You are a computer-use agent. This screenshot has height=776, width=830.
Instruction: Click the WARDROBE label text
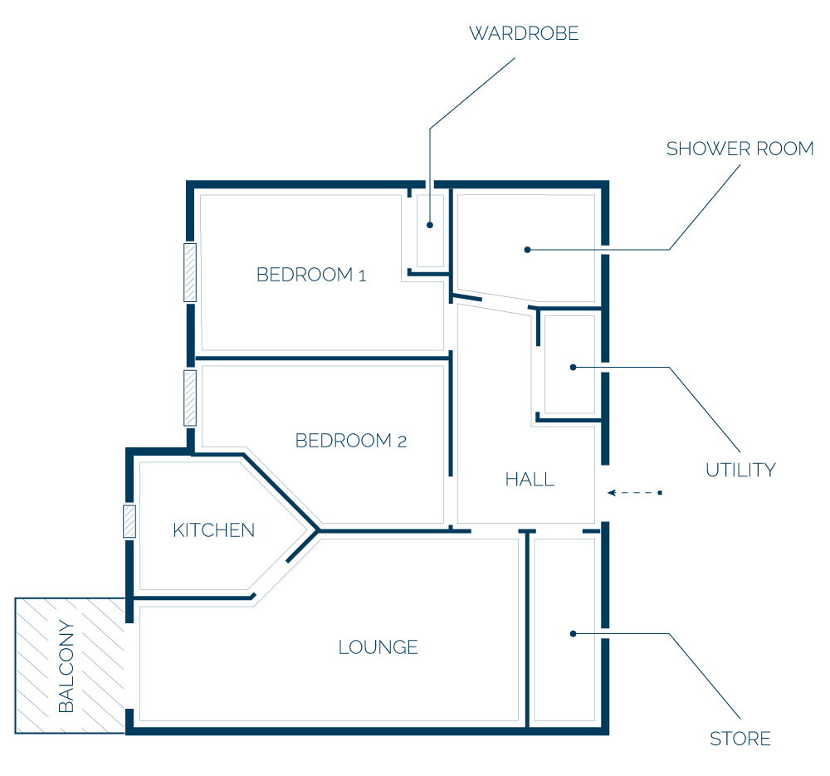524,33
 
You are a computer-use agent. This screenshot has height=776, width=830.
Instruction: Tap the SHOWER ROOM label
740,149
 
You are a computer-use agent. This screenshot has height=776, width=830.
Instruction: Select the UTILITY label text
740,470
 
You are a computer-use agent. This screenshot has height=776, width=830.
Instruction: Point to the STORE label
740,739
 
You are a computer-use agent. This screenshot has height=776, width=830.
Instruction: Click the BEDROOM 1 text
311,275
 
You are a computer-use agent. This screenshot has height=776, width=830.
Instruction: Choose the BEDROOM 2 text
351,441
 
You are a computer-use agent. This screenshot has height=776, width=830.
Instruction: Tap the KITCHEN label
214,530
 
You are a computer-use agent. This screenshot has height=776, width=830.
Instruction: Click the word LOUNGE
378,647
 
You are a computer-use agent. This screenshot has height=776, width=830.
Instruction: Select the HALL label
530,480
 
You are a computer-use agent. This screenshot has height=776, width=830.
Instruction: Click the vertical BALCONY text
66,666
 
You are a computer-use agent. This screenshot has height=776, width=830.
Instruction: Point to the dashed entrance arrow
635,493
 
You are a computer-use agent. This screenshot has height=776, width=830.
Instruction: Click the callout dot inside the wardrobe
430,225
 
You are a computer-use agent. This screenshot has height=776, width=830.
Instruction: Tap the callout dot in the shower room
527,250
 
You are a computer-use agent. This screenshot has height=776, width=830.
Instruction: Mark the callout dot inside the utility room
573,368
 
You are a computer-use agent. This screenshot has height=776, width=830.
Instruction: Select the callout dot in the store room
573,633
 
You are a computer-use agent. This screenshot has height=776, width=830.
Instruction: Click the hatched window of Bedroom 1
190,272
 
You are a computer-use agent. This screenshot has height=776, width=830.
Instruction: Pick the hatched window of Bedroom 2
190,398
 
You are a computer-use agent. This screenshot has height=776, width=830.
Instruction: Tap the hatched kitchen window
129,521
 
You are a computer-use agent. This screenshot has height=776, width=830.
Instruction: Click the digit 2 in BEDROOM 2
402,442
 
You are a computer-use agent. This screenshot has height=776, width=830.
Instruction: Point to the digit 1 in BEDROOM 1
363,276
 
